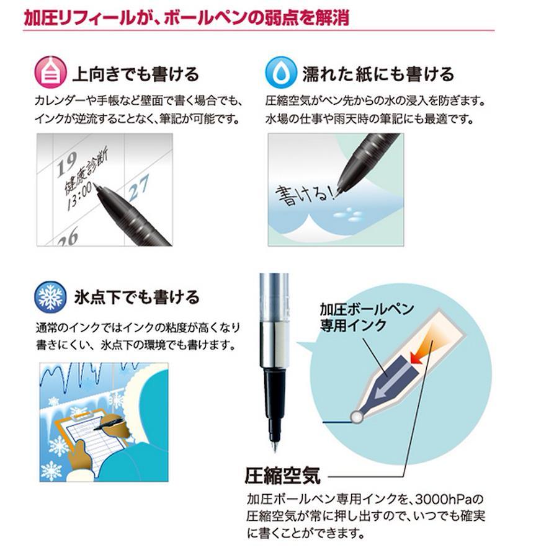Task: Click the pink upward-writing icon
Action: point(50,73)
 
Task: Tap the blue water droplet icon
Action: point(281,73)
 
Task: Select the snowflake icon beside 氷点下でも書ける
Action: point(50,297)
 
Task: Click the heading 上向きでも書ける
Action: point(136,74)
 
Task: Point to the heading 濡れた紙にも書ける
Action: point(378,74)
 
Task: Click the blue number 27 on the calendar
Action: point(138,188)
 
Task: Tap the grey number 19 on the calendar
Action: point(68,163)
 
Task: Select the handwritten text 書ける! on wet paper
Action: point(305,195)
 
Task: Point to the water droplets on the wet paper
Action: point(347,214)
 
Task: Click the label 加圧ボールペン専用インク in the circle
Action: point(367,317)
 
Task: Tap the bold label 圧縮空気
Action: point(282,476)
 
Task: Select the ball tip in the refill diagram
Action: point(357,417)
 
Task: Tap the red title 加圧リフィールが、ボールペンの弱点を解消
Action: point(187,18)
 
